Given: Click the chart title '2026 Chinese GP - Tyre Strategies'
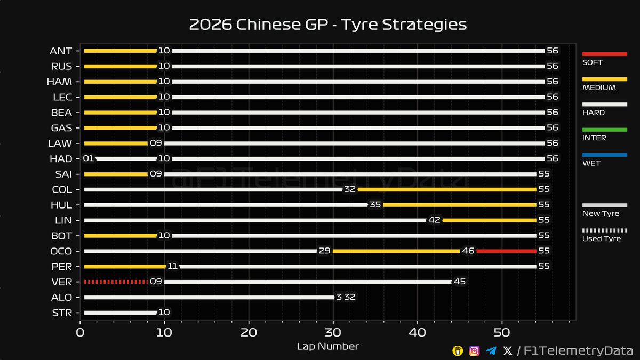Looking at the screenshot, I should (327, 25).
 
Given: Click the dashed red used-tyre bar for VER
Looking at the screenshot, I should (115, 282).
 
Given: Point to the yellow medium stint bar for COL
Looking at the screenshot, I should (446, 189).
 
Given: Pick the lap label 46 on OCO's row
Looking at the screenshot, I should (469, 251).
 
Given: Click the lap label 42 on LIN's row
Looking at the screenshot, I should (434, 220).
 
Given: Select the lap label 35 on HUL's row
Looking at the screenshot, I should (375, 205).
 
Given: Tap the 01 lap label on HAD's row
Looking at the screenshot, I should (88, 159).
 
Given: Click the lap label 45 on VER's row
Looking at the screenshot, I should (460, 282).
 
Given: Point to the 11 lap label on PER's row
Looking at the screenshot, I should (173, 266).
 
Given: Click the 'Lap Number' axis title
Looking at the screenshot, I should (327, 347).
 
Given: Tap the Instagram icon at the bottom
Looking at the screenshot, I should (474, 350).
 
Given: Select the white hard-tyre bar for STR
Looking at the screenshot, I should (120, 313).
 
